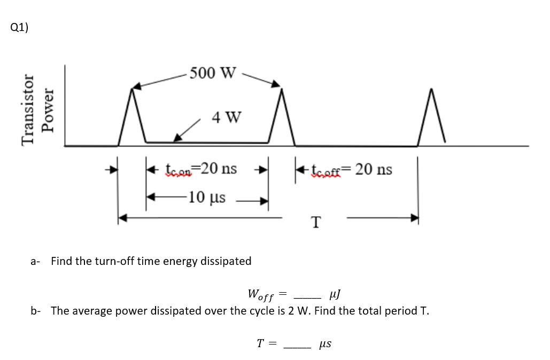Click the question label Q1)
(x=19, y=28)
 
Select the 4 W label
(x=226, y=116)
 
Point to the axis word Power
(x=49, y=110)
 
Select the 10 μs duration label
(x=207, y=197)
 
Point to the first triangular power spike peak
(x=132, y=89)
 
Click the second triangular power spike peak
(x=281, y=88)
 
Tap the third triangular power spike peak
(x=431, y=89)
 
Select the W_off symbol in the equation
(x=261, y=294)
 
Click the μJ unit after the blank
(x=336, y=294)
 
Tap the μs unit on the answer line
(x=325, y=344)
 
